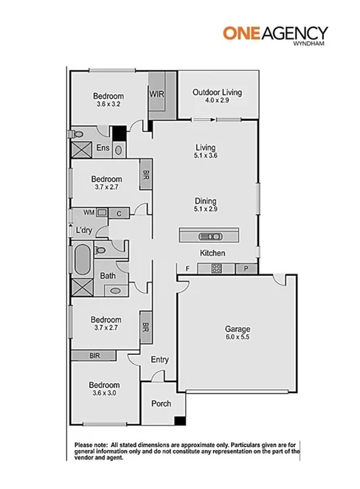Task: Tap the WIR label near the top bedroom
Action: tap(156, 94)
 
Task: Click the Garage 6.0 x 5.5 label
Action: tap(238, 333)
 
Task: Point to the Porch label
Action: tap(161, 403)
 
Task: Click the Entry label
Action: tap(160, 359)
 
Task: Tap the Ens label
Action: tap(103, 148)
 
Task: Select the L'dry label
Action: tap(83, 231)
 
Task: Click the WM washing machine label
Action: tap(88, 212)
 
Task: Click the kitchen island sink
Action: tap(209, 236)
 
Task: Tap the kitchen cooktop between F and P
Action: tap(217, 268)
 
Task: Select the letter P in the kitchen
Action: tap(247, 268)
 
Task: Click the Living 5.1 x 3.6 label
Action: tap(206, 151)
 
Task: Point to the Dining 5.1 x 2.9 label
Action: tap(206, 204)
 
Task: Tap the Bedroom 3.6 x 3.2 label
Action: tap(108, 100)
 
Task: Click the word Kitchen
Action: tap(212, 253)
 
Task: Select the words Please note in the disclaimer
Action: tap(91, 445)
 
